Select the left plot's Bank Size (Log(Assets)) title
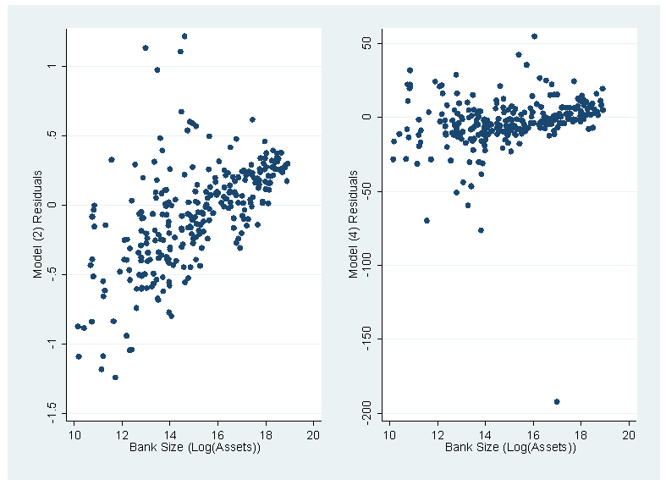coord(195,447)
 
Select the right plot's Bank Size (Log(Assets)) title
coord(510,447)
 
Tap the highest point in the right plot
coord(534,36)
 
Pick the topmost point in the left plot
coord(184,36)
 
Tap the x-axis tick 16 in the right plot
coord(533,435)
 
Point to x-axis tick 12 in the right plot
coord(438,435)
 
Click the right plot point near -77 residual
coord(481,230)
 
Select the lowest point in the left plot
coord(115,378)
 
